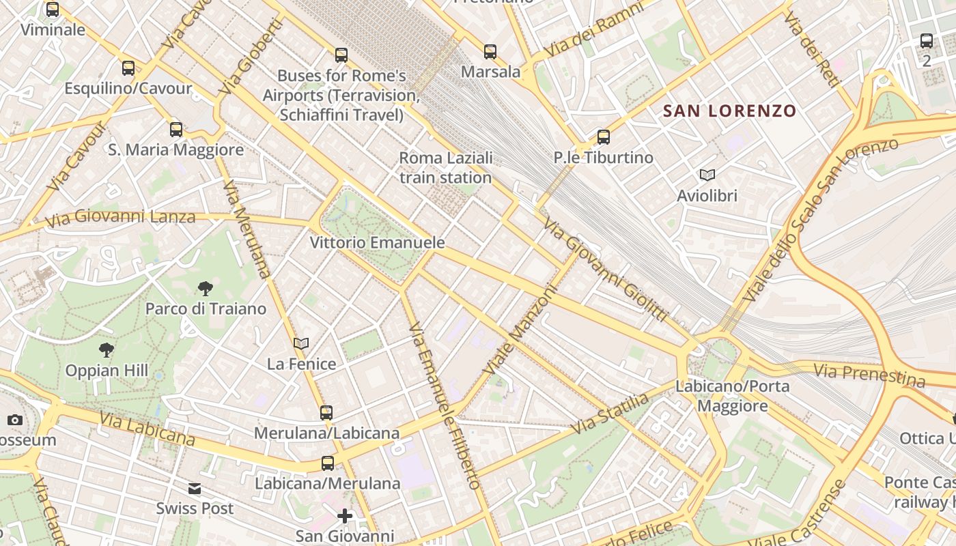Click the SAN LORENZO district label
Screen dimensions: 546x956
(729, 111)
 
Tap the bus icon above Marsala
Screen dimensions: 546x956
(490, 52)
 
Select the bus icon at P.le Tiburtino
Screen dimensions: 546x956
(604, 137)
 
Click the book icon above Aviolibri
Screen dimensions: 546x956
(707, 175)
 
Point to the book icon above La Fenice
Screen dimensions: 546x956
(301, 343)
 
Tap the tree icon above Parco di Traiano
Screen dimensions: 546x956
(205, 289)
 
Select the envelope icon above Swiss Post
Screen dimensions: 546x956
(195, 489)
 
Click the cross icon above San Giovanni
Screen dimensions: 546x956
(345, 516)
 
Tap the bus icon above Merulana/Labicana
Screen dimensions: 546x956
(326, 413)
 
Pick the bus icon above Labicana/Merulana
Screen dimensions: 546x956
(328, 463)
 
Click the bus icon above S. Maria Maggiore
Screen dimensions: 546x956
(176, 129)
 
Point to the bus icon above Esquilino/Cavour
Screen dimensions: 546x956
(128, 68)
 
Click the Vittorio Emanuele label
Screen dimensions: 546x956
(377, 242)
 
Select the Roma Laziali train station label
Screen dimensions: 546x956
(445, 168)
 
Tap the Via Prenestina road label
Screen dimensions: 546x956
(869, 375)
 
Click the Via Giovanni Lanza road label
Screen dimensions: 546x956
(120, 218)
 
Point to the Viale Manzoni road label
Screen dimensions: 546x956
(520, 329)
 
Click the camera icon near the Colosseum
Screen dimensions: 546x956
(15, 420)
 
